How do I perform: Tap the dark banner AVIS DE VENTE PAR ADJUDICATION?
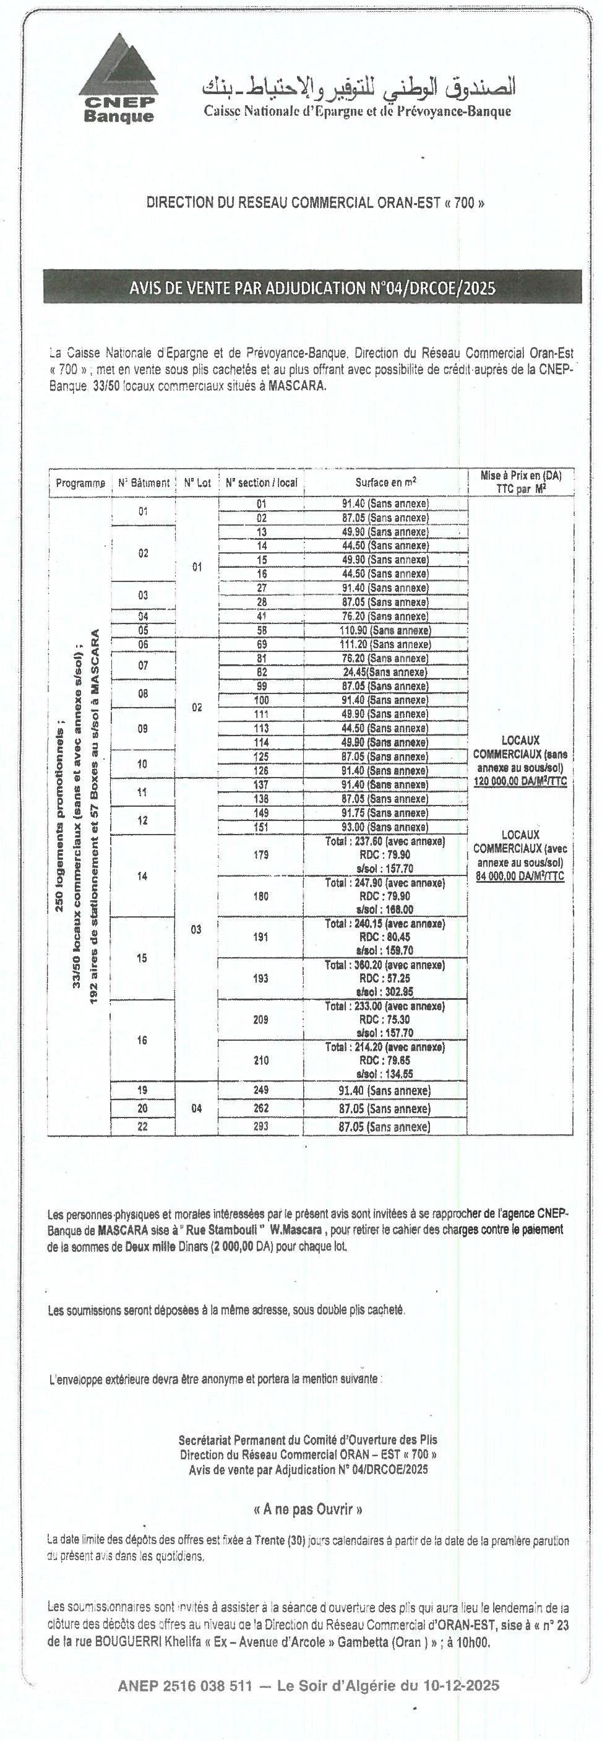(312, 289)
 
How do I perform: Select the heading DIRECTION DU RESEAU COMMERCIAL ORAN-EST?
(316, 202)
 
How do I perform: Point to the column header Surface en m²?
(386, 482)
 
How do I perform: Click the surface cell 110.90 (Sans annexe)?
(385, 630)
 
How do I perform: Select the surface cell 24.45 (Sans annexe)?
(385, 672)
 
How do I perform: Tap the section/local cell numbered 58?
(262, 630)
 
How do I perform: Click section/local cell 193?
(261, 978)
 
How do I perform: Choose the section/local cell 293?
(261, 1127)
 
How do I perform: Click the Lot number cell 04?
(197, 1108)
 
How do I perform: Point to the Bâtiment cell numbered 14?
(142, 877)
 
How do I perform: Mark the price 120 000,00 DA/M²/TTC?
(520, 782)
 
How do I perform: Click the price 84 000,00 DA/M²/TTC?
(520, 877)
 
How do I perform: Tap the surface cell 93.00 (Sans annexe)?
(385, 827)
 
